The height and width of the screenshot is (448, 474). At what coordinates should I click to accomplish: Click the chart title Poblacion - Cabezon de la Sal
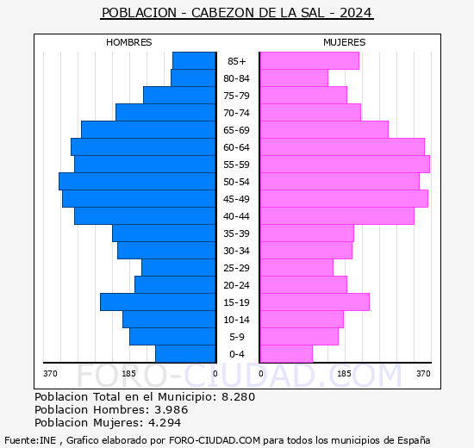pyautogui.click(x=237, y=13)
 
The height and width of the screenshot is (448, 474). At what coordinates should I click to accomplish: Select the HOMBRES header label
pyautogui.click(x=128, y=42)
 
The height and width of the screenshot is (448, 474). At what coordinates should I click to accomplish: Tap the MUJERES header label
pyautogui.click(x=344, y=42)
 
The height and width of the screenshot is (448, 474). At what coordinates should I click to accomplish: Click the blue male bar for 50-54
pyautogui.click(x=137, y=182)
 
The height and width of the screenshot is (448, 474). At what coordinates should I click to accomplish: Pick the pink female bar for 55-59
pyautogui.click(x=344, y=165)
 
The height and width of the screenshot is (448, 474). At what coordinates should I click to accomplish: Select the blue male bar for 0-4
pyautogui.click(x=185, y=354)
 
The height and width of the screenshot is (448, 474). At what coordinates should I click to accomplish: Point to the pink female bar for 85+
pyautogui.click(x=309, y=61)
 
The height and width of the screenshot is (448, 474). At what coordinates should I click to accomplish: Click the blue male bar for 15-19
pyautogui.click(x=158, y=302)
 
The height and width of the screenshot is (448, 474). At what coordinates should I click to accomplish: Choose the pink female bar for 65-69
pyautogui.click(x=323, y=130)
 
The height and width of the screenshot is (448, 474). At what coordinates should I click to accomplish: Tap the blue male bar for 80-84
pyautogui.click(x=193, y=78)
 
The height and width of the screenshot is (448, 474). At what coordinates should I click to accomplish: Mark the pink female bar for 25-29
pyautogui.click(x=296, y=268)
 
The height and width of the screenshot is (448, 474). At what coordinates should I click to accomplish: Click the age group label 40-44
pyautogui.click(x=237, y=216)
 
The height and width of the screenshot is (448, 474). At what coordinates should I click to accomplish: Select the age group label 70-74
pyautogui.click(x=237, y=113)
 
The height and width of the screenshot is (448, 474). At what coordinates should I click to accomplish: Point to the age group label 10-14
pyautogui.click(x=237, y=320)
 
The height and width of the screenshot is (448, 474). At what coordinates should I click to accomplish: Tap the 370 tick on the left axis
pyautogui.click(x=50, y=374)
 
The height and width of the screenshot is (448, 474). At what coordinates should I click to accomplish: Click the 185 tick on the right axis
pyautogui.click(x=344, y=374)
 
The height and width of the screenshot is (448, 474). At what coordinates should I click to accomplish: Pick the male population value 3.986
pyautogui.click(x=165, y=410)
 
